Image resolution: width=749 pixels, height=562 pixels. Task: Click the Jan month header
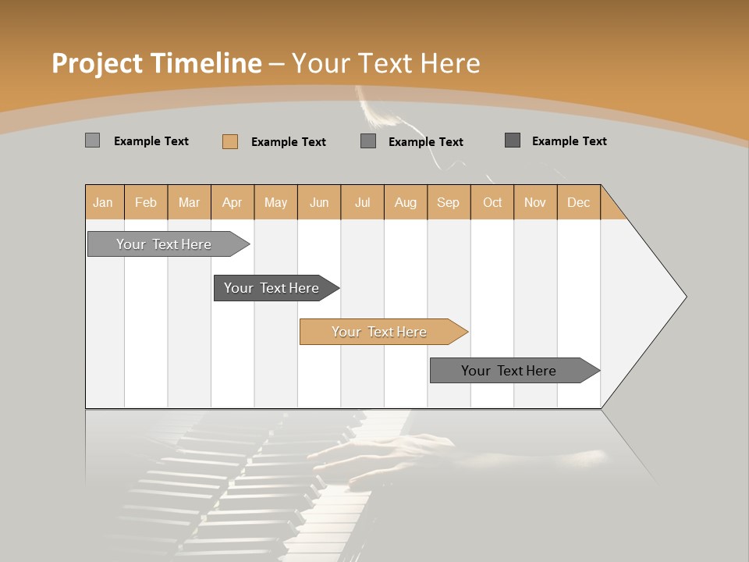[103, 202]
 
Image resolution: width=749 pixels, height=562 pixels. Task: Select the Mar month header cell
[189, 202]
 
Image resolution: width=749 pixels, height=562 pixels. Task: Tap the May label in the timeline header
[275, 202]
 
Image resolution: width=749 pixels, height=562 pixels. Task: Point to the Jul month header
[362, 202]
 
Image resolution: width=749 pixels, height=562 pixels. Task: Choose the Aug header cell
[405, 202]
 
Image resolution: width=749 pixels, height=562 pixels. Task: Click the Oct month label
[492, 202]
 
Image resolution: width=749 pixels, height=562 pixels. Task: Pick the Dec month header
[578, 202]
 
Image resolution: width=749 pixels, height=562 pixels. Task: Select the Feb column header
[146, 202]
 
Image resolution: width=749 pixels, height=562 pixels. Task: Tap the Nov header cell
[534, 202]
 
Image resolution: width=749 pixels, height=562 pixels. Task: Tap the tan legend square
[229, 141]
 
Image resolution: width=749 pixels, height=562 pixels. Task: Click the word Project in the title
[98, 63]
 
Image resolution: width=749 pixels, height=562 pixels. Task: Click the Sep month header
[448, 202]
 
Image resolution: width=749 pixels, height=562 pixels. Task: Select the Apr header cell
[232, 202]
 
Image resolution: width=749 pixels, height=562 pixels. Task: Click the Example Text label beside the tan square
[289, 142]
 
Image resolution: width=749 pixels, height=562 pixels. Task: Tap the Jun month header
[319, 202]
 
